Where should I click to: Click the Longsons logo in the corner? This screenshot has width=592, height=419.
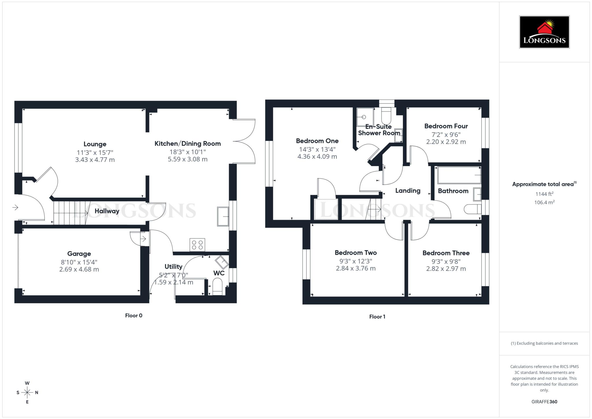(x=544, y=32)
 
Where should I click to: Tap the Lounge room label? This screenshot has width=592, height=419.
(x=95, y=144)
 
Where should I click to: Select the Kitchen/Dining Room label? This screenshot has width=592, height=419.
(x=188, y=143)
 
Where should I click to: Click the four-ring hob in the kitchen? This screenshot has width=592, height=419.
(x=197, y=245)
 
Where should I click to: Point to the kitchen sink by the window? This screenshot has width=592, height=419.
(x=223, y=216)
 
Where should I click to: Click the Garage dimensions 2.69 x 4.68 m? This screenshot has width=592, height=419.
(x=79, y=270)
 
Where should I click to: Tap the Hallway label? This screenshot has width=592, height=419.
(x=107, y=211)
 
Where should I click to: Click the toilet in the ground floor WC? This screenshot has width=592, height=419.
(x=217, y=286)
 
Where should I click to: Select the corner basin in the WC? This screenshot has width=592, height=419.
(x=222, y=262)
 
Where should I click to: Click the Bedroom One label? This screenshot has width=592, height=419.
(x=317, y=141)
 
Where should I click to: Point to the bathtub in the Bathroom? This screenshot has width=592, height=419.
(x=459, y=175)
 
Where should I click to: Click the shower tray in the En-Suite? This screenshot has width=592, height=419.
(x=365, y=117)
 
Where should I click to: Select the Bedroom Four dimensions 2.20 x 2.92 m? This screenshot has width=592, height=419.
(x=446, y=142)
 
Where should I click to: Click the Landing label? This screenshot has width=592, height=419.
(x=408, y=191)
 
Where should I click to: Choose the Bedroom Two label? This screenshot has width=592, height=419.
(x=356, y=253)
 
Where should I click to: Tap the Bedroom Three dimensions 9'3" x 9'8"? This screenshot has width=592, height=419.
(x=446, y=261)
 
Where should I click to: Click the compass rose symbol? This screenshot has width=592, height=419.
(x=27, y=392)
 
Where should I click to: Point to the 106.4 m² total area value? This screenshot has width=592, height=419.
(x=544, y=202)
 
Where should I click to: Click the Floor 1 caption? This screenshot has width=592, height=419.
(x=377, y=317)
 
